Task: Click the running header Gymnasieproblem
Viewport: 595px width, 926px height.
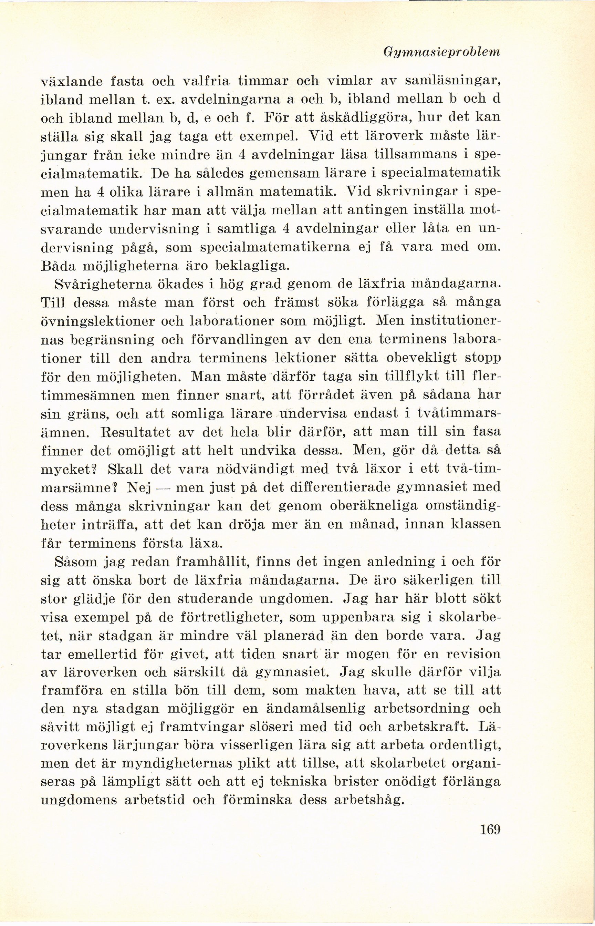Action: pos(451,52)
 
